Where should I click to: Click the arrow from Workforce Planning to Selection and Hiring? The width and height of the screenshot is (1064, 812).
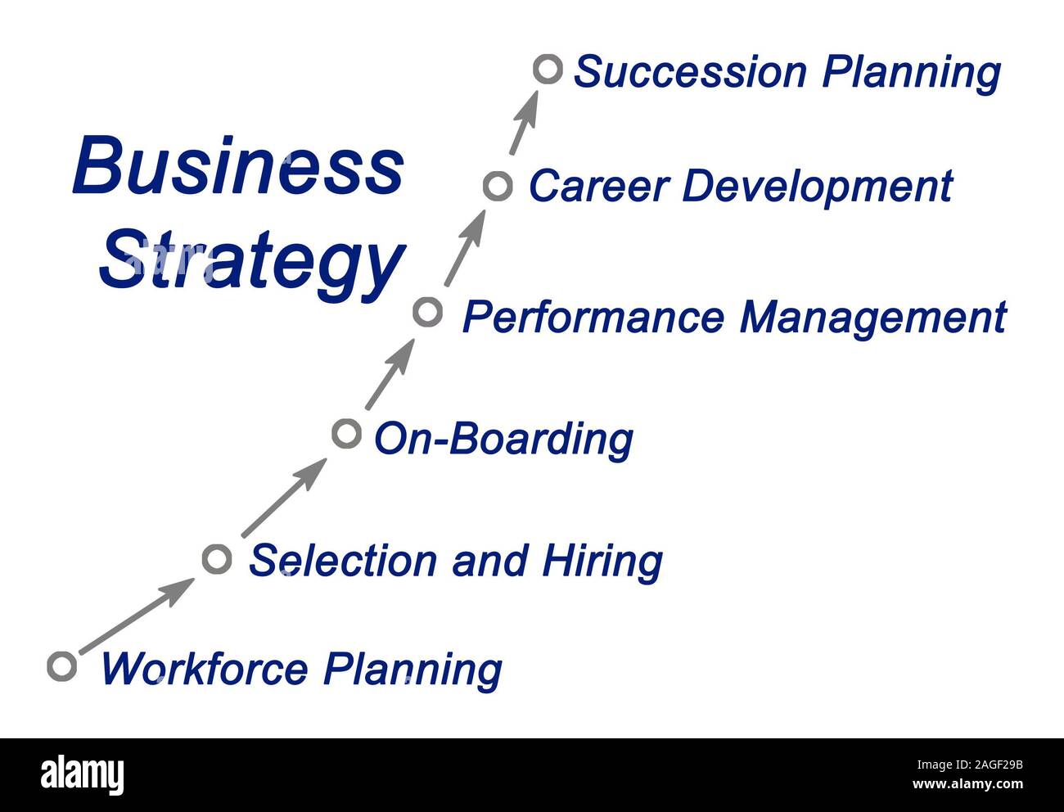click(x=138, y=616)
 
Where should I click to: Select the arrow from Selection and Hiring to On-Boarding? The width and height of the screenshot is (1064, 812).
click(x=285, y=498)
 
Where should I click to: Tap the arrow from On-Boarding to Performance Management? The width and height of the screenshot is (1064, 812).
click(x=390, y=374)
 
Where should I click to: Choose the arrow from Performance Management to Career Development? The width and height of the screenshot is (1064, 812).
click(x=465, y=248)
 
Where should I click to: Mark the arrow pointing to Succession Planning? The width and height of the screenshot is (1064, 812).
click(x=524, y=123)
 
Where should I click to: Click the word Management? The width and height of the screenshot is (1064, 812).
click(x=873, y=318)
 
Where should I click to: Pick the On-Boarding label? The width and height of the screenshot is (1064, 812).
click(x=503, y=440)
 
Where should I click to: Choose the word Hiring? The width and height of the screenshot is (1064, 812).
click(x=602, y=562)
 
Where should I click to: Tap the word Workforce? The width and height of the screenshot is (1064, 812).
click(x=204, y=669)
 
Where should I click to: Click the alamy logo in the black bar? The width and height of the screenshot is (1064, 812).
click(x=83, y=774)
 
